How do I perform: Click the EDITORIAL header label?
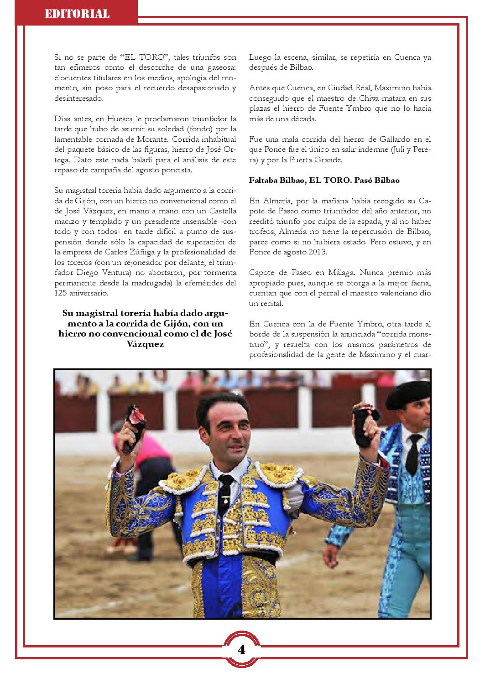(77, 14)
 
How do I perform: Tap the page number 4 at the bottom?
(241, 649)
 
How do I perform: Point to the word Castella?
(221, 210)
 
